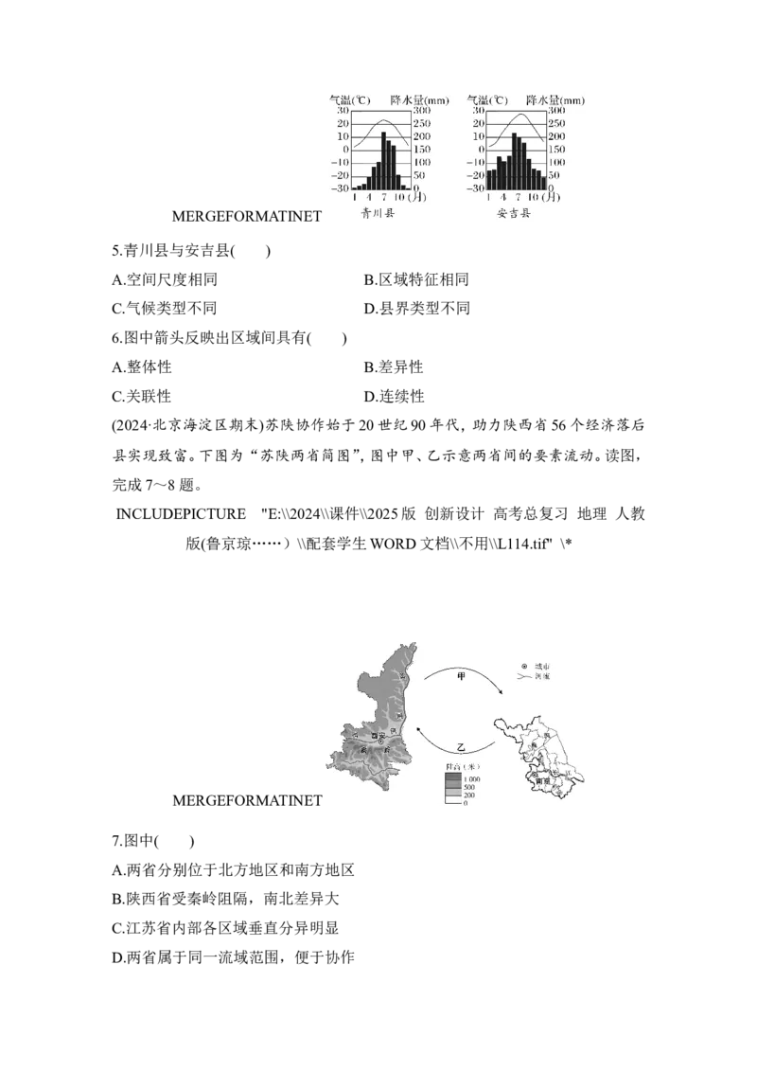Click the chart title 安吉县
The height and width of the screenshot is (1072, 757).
pyautogui.click(x=514, y=214)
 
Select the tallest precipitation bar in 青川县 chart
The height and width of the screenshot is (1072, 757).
pyautogui.click(x=384, y=160)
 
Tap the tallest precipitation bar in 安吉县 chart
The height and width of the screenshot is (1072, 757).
pyautogui.click(x=514, y=161)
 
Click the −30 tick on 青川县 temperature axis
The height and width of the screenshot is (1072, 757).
pyautogui.click(x=338, y=188)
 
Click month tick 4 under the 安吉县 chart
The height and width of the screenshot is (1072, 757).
pyautogui.click(x=502, y=197)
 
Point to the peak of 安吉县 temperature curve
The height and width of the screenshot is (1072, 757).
pyautogui.click(x=518, y=116)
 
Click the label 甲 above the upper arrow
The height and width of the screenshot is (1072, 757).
pyautogui.click(x=462, y=676)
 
